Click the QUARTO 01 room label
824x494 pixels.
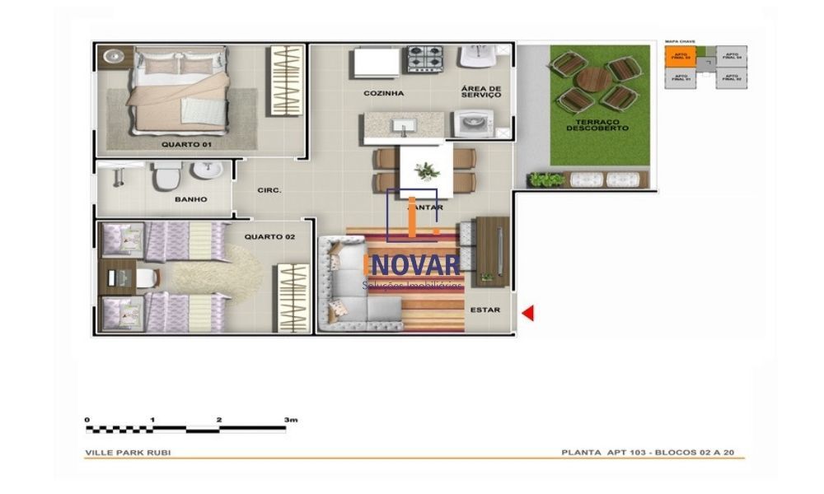coord(186,145)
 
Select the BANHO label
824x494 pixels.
coord(190,199)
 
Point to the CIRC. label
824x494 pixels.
coord(269,190)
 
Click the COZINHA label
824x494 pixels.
coord(384,93)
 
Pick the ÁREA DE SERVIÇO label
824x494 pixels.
coord(481,91)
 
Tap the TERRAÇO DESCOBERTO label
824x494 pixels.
coord(597,125)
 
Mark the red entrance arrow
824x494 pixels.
coord(528,313)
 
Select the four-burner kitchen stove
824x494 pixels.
coord(425,58)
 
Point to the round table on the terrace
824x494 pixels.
coord(592,81)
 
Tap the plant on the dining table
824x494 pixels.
coord(427,171)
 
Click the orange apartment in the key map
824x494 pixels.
coord(680,57)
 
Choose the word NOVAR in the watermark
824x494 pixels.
coord(414,265)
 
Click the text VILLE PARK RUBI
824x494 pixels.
coord(129,453)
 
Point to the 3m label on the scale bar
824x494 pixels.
coord(290,420)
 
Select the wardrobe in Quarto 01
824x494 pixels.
coord(288,81)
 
